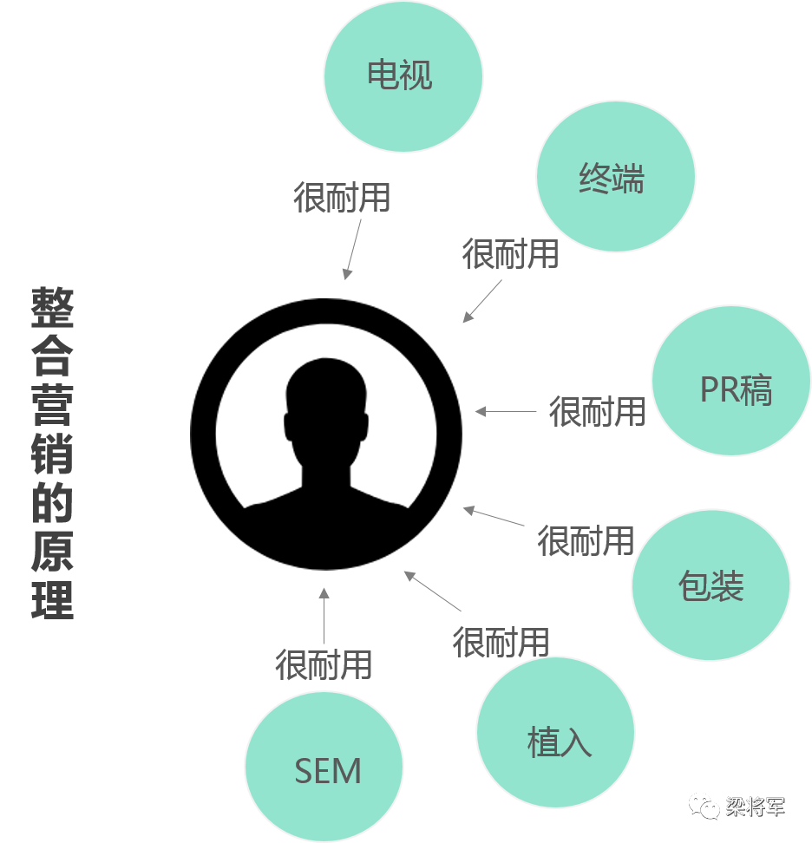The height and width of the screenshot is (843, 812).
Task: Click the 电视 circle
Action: pos(403,75)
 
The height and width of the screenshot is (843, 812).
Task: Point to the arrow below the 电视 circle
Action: pos(352,249)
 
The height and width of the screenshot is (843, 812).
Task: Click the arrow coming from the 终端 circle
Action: pos(482,301)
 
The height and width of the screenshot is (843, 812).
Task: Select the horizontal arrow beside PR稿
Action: pos(506,412)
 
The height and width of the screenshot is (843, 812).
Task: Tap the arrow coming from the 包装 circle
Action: pos(494,516)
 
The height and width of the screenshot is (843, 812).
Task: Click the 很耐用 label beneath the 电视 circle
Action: pos(342,198)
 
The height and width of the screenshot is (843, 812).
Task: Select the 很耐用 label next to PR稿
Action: pos(597,411)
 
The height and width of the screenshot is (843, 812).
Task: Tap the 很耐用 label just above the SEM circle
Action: pos(324,665)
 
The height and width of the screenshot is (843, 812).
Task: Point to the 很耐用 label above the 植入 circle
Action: pos(501,643)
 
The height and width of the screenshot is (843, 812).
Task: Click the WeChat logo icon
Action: pos(704,807)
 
